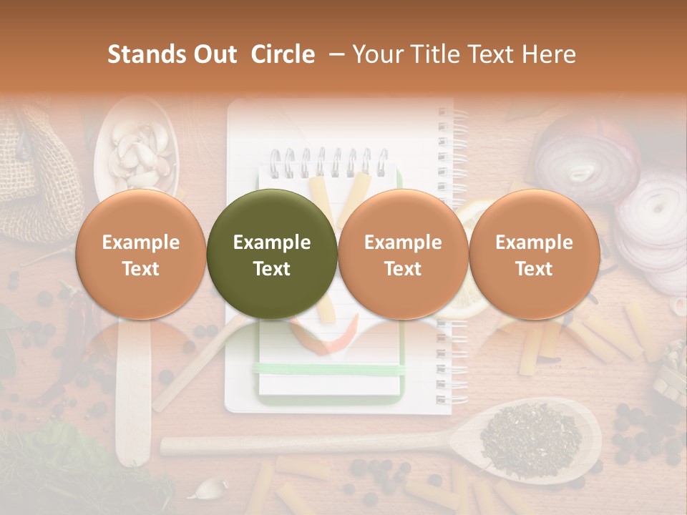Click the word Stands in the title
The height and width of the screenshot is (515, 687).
(x=147, y=54)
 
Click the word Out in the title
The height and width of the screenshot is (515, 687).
(x=215, y=54)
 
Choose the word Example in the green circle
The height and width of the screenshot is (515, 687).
(x=272, y=242)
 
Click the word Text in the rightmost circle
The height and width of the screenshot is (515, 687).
(x=534, y=269)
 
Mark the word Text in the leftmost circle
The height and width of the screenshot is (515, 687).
(x=140, y=269)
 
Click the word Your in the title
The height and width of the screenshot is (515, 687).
(x=374, y=54)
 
